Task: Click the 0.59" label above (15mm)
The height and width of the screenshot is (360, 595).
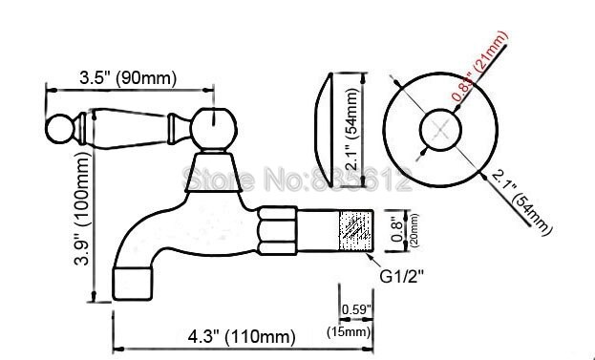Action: (356, 309)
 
